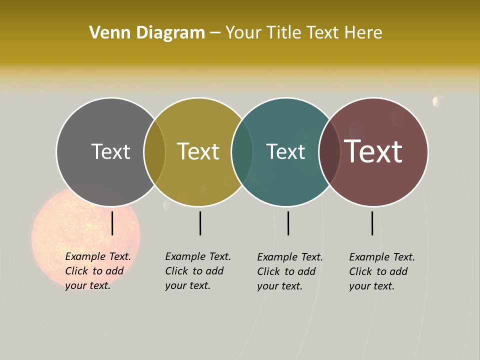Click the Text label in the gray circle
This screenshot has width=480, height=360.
[110, 151]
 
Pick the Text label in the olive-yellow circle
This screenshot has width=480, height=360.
[198, 151]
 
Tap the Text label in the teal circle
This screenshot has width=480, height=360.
[285, 151]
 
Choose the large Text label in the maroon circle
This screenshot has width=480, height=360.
[373, 151]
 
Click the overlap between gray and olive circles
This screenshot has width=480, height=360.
[154, 152]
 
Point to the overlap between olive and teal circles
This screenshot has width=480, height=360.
[242, 152]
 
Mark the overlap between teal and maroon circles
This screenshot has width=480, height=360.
[329, 152]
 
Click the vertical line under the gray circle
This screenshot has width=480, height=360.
[112, 223]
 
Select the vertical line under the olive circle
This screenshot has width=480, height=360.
[200, 223]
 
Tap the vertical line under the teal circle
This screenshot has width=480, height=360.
[288, 223]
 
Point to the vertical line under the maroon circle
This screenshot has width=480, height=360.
[372, 223]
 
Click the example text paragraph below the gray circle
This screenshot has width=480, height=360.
[97, 271]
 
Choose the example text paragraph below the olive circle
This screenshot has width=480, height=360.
[197, 271]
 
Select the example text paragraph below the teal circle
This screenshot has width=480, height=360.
[289, 271]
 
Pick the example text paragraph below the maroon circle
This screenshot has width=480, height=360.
[381, 271]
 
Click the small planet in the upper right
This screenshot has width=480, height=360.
[437, 101]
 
